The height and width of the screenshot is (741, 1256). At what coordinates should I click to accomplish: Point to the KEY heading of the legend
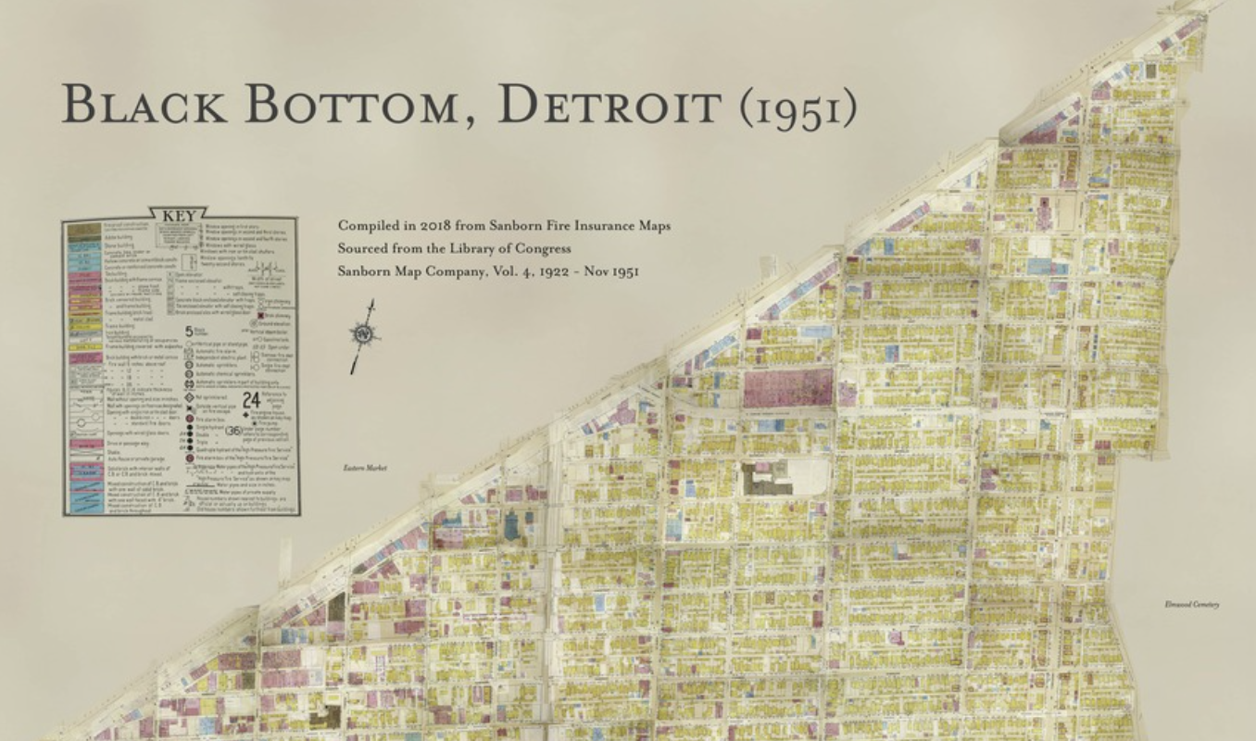(179, 216)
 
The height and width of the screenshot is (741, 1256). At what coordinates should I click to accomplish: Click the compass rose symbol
(364, 334)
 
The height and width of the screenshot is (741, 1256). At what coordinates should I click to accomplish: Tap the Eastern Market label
(364, 469)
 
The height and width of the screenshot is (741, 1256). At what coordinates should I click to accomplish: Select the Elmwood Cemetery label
(1192, 605)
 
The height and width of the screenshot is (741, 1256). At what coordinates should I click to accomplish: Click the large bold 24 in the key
(251, 400)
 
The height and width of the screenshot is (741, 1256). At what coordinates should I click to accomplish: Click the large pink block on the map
(788, 387)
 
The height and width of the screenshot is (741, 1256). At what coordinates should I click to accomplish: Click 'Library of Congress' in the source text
(524, 248)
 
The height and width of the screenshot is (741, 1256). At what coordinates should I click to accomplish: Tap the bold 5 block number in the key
(189, 331)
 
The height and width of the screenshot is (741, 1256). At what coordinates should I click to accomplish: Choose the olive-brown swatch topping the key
(83, 228)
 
